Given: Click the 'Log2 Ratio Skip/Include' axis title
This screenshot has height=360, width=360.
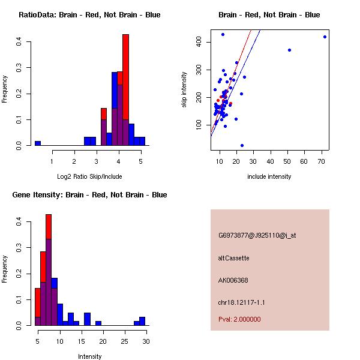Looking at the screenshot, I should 89,176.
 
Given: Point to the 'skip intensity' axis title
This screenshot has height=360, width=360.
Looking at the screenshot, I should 184,90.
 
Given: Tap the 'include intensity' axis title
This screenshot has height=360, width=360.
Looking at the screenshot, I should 269,176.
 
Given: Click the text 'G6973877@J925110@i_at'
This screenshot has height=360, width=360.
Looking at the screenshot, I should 257,235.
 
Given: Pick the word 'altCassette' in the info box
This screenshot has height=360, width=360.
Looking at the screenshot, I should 233,258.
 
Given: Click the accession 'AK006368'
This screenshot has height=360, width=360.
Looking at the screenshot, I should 233,280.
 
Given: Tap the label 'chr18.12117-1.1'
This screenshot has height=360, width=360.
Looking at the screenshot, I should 240,302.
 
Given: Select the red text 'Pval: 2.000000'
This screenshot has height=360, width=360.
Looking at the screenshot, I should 239,319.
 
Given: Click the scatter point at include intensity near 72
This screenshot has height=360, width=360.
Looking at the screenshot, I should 325,37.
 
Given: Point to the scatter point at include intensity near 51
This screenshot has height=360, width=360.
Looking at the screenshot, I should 289,50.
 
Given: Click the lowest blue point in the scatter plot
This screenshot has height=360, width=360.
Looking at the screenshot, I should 242,145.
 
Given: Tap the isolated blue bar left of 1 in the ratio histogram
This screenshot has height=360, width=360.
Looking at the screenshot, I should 38,143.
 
